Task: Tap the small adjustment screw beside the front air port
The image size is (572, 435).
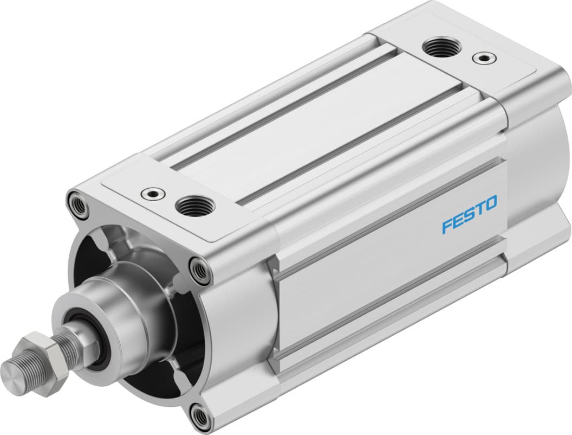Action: [x=152, y=194]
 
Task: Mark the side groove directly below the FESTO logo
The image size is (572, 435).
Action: [x=390, y=255]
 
